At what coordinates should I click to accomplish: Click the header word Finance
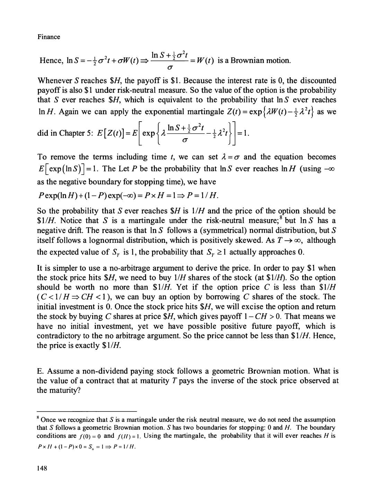tap(48, 37)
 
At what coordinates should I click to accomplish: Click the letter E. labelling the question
tap(40, 371)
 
